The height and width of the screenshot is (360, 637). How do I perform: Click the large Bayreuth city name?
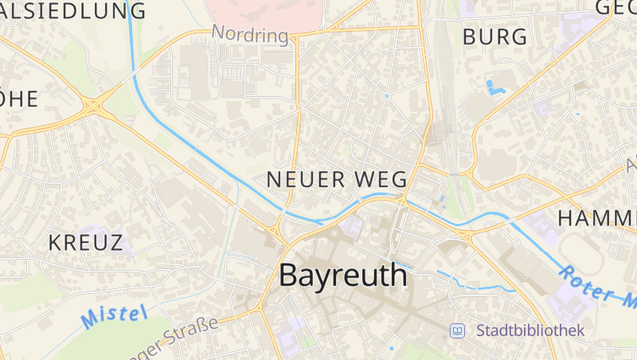(343, 276)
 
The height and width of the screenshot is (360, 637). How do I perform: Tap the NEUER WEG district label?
(337, 179)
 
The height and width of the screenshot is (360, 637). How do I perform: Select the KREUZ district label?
(86, 243)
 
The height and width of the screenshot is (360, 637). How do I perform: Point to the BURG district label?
(494, 37)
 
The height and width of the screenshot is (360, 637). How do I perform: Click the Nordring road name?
(249, 35)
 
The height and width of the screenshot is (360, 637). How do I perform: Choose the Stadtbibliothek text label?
(530, 330)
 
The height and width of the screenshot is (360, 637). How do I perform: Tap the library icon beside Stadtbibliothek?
(458, 330)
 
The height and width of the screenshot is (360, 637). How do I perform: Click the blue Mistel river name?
(115, 316)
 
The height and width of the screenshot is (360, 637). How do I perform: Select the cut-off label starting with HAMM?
(597, 217)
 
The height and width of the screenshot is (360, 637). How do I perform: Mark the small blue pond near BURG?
(496, 85)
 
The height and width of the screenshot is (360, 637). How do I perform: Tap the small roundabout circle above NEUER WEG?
(386, 96)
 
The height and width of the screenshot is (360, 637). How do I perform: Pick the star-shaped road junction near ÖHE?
(95, 104)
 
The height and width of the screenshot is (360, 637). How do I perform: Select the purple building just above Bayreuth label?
(353, 227)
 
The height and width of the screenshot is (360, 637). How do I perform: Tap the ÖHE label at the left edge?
(19, 99)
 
